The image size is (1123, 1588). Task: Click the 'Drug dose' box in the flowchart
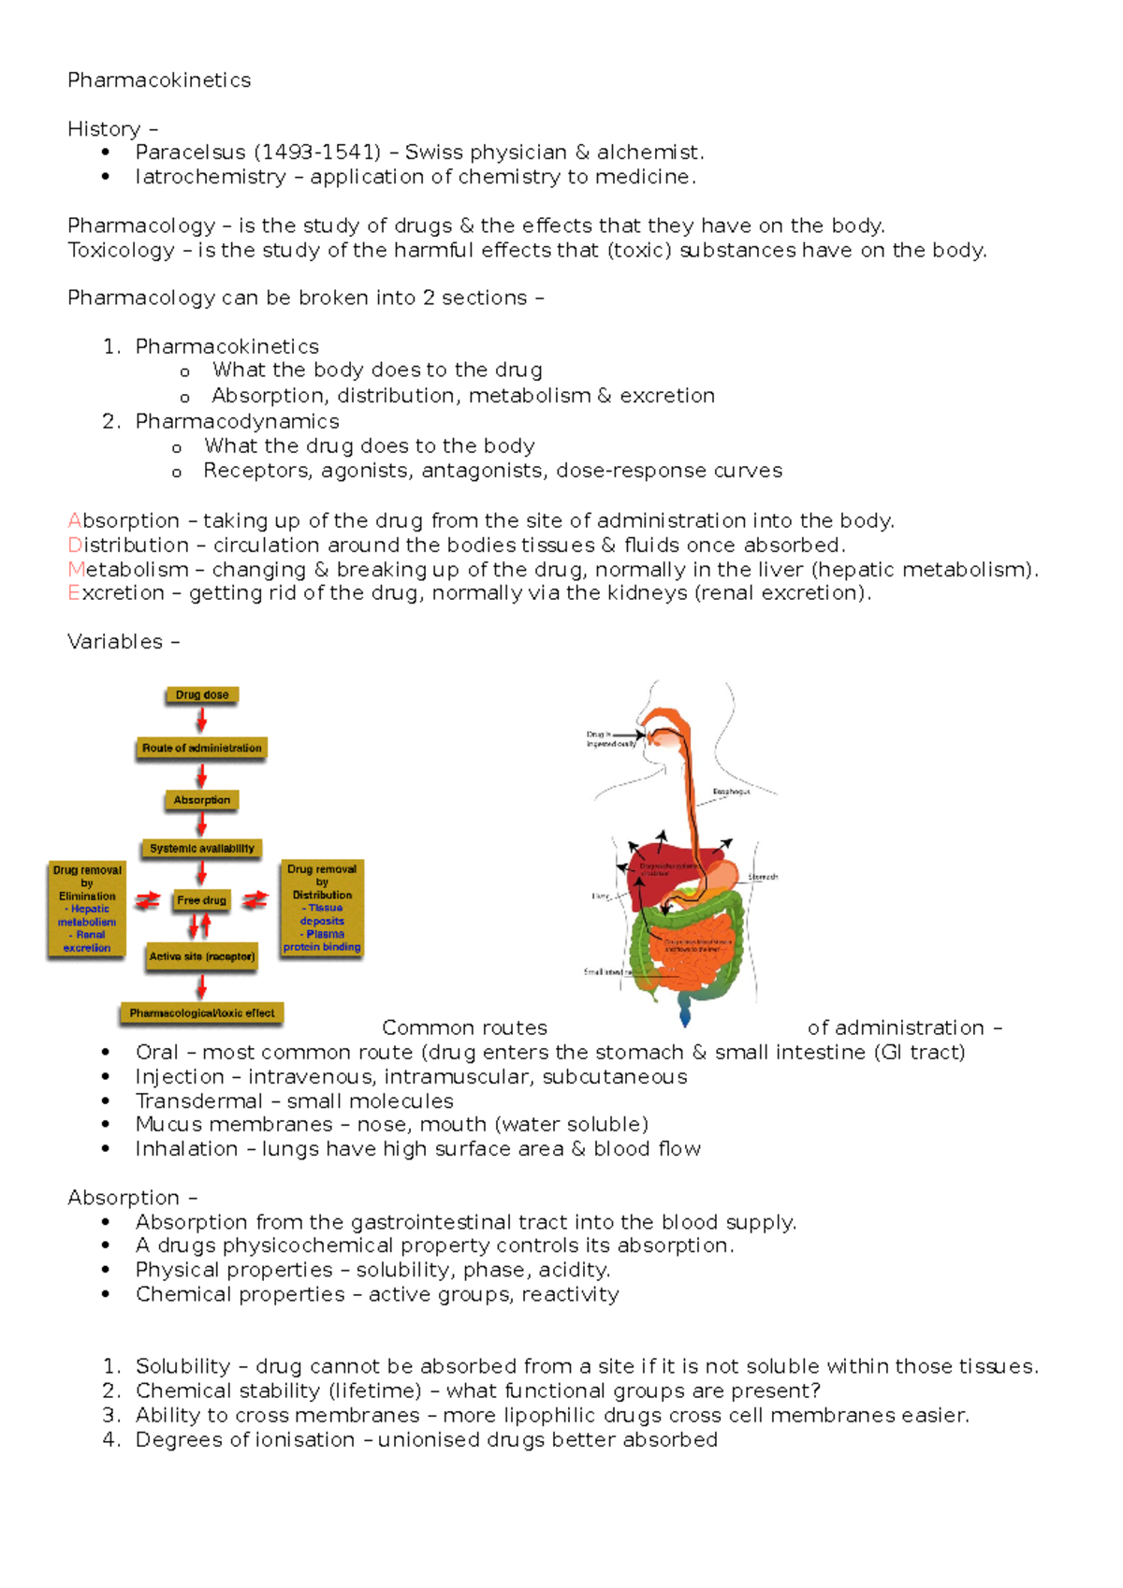(x=202, y=694)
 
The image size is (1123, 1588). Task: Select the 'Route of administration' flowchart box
(x=202, y=748)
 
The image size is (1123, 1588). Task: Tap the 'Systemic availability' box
(x=202, y=849)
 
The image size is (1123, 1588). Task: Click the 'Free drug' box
(x=202, y=900)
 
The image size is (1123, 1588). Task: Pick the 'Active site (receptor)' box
(x=202, y=956)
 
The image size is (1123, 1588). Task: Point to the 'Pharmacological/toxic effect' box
(x=202, y=1013)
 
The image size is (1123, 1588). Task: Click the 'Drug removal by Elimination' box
(x=87, y=909)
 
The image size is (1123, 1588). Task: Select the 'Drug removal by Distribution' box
(x=322, y=908)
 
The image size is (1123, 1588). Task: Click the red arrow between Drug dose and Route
(x=201, y=720)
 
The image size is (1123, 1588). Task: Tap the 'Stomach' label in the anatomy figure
(x=763, y=877)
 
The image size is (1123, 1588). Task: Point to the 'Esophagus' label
(x=731, y=792)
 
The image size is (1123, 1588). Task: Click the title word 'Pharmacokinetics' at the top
(x=159, y=80)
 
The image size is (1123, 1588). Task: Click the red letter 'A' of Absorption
(x=75, y=521)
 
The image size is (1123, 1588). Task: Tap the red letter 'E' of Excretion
(x=73, y=593)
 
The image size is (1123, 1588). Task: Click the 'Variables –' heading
(x=123, y=642)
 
